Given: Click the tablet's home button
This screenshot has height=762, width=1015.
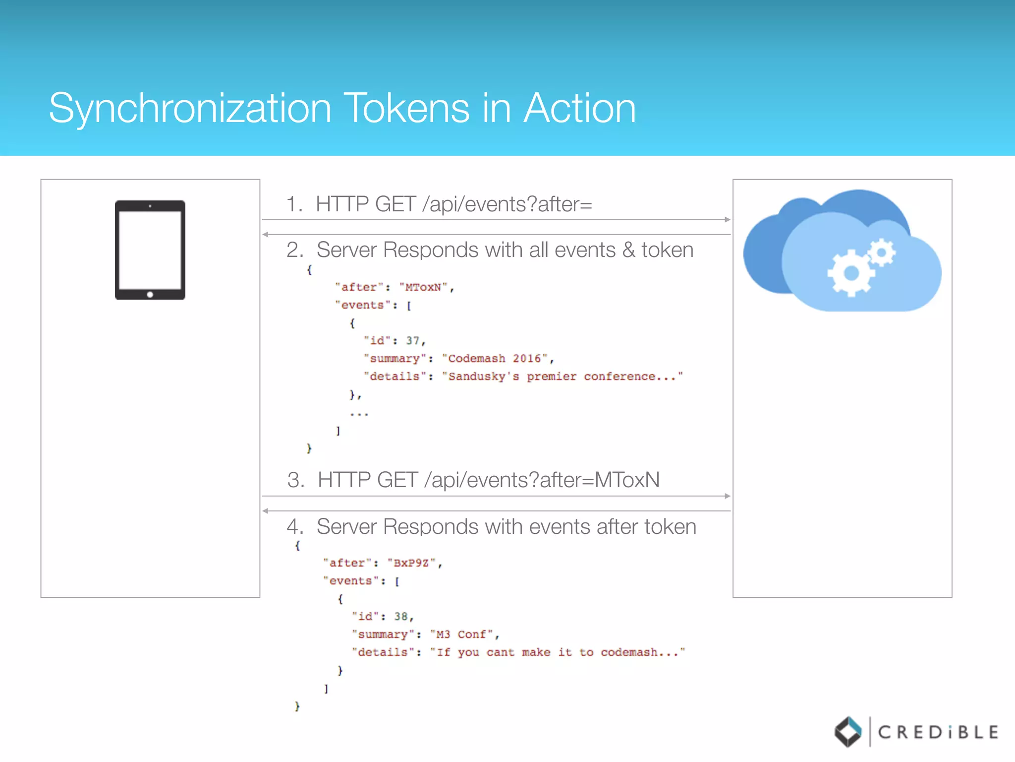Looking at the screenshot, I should click(x=150, y=294).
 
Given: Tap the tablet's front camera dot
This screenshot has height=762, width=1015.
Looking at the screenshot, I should click(x=150, y=206).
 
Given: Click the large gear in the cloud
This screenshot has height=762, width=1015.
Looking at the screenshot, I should click(x=851, y=272).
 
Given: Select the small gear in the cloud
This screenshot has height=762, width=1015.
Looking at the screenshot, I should click(x=882, y=253).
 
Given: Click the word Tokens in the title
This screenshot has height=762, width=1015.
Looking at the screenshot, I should click(x=408, y=108).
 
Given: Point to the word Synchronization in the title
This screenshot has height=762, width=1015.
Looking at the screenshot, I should click(x=190, y=108).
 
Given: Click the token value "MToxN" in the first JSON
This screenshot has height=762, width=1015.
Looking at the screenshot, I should click(x=423, y=287).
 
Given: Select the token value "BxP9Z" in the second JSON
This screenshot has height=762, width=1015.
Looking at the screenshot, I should click(x=411, y=563).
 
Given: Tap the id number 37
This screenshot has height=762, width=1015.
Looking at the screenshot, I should click(x=413, y=341).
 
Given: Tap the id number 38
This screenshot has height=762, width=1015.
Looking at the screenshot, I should click(x=401, y=617).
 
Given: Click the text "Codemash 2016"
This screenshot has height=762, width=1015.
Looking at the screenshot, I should click(x=494, y=359).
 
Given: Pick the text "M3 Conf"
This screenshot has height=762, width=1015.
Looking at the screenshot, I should click(x=461, y=635).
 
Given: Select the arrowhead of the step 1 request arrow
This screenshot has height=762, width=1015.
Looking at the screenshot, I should click(x=727, y=219).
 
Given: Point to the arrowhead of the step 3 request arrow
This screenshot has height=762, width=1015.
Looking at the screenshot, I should click(x=727, y=496).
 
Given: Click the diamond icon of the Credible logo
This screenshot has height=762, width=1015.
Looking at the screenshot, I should click(x=848, y=732).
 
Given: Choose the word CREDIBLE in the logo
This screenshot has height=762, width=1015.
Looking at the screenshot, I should click(x=938, y=732).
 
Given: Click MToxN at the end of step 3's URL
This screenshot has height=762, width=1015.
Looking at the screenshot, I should click(x=627, y=480).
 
